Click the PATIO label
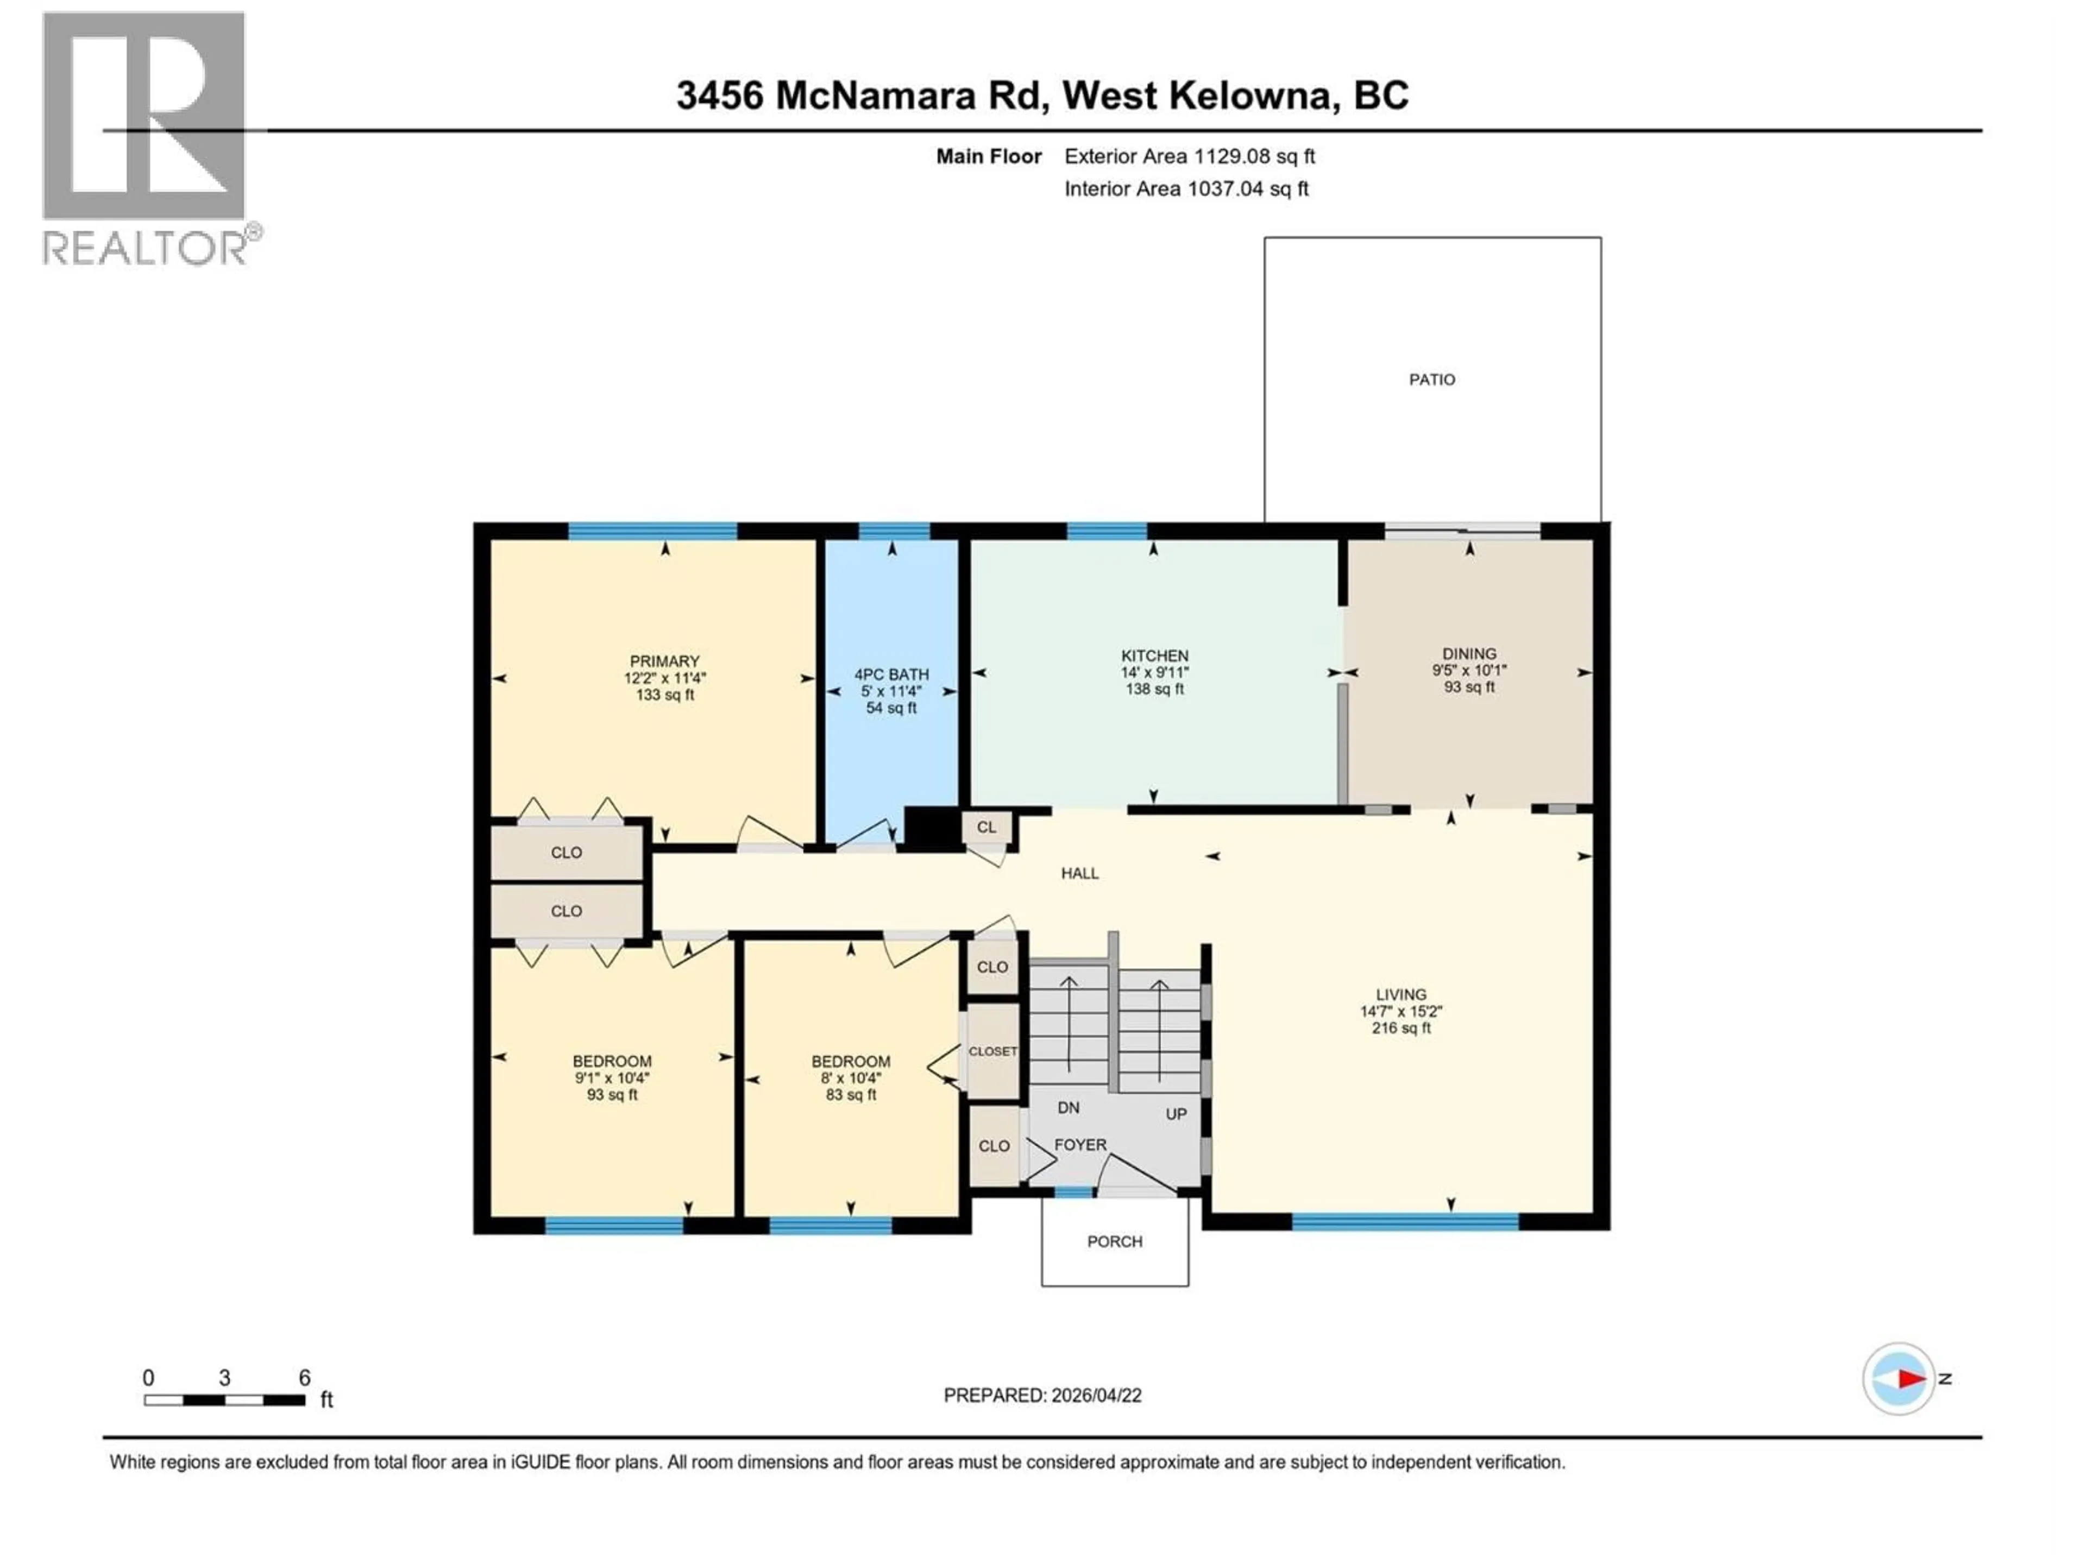pyautogui.click(x=1431, y=379)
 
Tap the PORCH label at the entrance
pyautogui.click(x=1115, y=1241)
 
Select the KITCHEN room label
pyautogui.click(x=1154, y=655)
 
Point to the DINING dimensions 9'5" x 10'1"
pyautogui.click(x=1469, y=670)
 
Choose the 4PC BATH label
pyautogui.click(x=891, y=674)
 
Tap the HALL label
pyautogui.click(x=1080, y=873)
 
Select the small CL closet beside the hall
pyautogui.click(x=987, y=827)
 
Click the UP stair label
pyautogui.click(x=1175, y=1113)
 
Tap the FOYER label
pyautogui.click(x=1080, y=1144)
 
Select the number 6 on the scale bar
pyautogui.click(x=305, y=1377)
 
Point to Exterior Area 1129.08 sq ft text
pyautogui.click(x=1189, y=156)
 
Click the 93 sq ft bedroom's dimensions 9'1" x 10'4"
pyautogui.click(x=612, y=1077)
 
